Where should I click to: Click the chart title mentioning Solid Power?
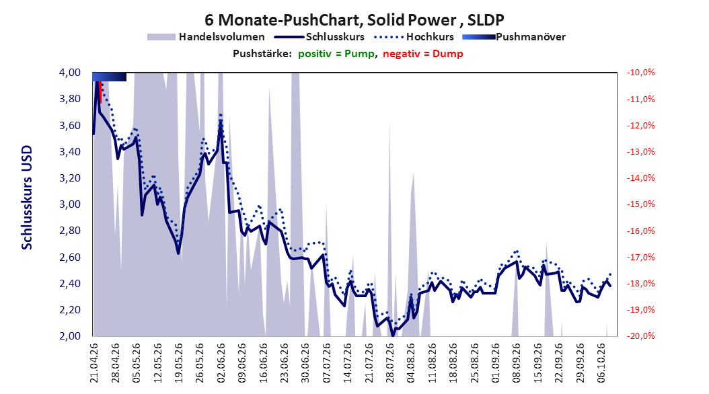coord(354,20)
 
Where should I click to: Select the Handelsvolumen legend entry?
coord(207,37)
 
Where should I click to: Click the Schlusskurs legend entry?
coord(320,37)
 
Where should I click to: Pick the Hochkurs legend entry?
coord(414,37)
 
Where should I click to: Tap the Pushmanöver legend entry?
coord(514,37)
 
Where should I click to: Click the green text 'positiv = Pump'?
coord(336,54)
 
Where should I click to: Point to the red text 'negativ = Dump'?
coord(423,54)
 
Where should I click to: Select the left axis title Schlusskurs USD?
coord(27,198)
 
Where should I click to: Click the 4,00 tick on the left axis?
coord(70,73)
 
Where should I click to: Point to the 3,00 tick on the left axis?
coord(70,204)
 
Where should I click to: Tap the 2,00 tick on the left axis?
coord(70,336)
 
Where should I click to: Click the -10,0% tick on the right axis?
coord(640,73)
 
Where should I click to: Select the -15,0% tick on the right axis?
coord(640,204)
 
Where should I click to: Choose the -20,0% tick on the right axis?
coord(640,336)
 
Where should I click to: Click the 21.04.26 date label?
coord(94,363)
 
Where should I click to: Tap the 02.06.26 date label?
coord(221,363)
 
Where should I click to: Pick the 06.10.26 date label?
coord(602,363)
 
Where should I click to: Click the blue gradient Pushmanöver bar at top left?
coord(110,77)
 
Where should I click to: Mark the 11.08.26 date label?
coord(433,363)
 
